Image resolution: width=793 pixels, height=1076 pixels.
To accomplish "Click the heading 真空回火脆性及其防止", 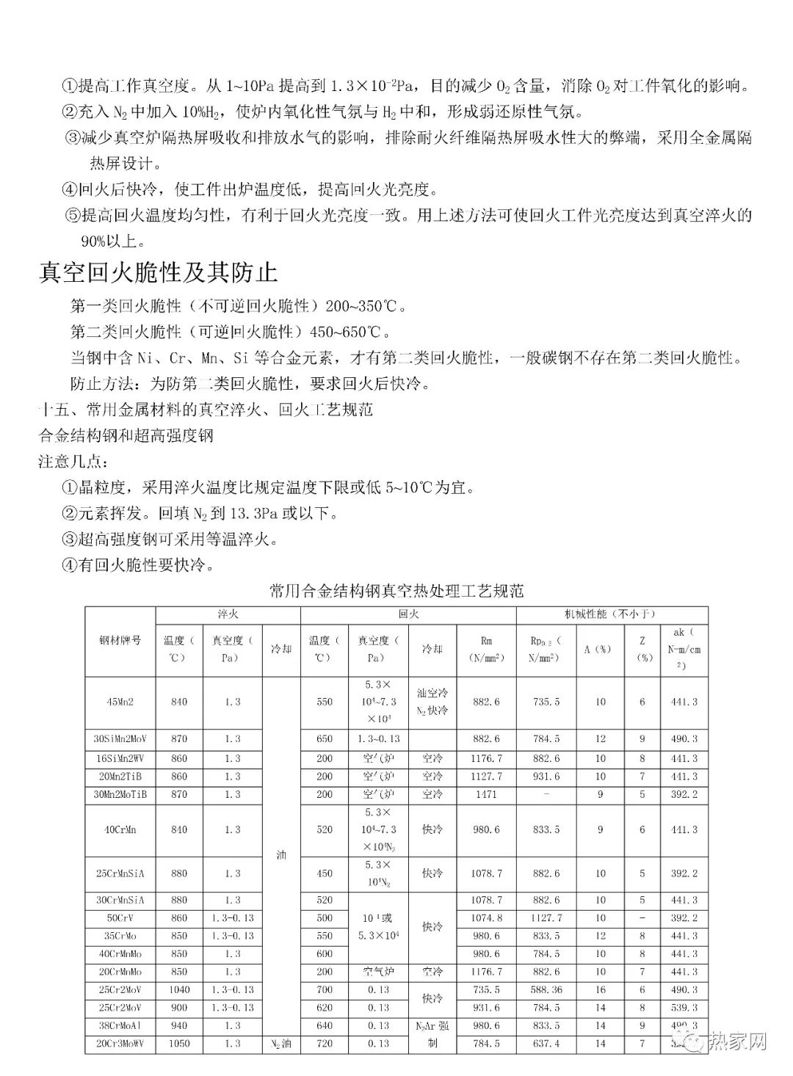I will tap(158, 273).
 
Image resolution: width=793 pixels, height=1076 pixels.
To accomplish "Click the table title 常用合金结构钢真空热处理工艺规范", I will tap(396, 591).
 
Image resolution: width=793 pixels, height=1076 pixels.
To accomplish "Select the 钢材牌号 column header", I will tap(120, 641).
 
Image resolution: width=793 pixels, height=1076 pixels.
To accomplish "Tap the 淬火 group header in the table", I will tap(228, 614).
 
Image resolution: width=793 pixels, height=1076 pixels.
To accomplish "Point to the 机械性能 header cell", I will tap(610, 614).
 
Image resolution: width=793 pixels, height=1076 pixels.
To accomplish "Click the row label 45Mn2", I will tap(120, 702).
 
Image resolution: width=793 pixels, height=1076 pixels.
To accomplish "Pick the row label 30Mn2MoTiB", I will tap(120, 794).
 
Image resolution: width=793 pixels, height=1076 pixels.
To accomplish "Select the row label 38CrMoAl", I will tap(120, 1025).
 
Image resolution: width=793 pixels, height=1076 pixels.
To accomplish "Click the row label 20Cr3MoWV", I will tap(120, 1043).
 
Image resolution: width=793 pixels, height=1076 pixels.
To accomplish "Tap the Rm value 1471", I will tap(486, 794).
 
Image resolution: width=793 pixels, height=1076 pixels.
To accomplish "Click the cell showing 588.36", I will tap(546, 989).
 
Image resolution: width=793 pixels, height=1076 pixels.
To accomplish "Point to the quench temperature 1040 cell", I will tap(179, 989).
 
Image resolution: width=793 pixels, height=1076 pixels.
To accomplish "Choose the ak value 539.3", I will tap(684, 1008).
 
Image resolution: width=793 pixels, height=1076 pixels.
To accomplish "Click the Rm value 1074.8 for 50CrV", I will tap(486, 918).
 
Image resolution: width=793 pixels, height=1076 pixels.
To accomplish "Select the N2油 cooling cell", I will tap(281, 1043).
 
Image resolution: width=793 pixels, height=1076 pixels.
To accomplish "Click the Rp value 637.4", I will tap(546, 1043).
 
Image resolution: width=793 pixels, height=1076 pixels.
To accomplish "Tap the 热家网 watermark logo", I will tap(726, 1042).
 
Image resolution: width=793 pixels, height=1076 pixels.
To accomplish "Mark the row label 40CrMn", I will tap(120, 829).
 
